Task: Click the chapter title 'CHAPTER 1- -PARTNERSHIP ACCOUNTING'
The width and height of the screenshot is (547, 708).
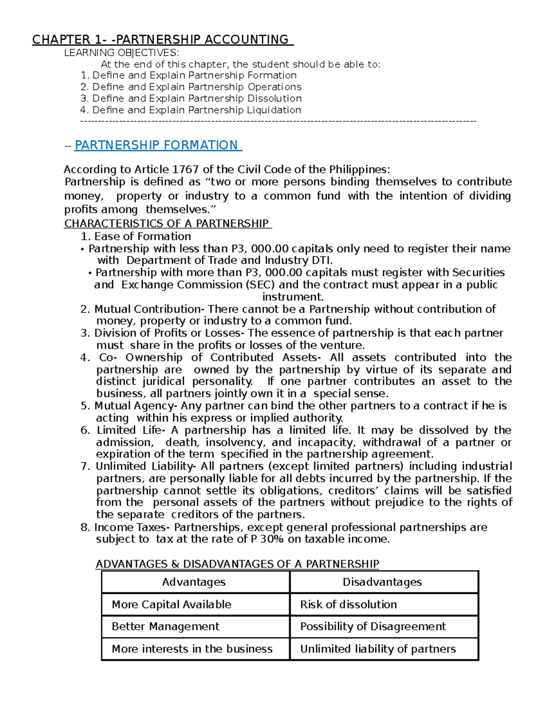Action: [162, 40]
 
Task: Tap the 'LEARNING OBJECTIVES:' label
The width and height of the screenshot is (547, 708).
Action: [118, 53]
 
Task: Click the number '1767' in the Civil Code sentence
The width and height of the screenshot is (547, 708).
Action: [185, 170]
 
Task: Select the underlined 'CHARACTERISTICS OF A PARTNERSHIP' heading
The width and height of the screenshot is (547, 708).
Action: [167, 223]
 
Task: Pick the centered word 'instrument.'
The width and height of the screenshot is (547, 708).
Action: [293, 297]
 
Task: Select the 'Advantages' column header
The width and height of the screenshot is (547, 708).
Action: [194, 582]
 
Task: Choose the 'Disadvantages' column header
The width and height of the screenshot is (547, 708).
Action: [382, 582]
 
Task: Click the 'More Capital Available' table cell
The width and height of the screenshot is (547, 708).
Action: [171, 605]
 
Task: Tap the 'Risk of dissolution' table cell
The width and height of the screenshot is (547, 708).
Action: [348, 605]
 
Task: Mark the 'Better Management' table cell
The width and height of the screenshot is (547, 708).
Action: [165, 626]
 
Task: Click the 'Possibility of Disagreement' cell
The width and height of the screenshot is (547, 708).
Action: [373, 626]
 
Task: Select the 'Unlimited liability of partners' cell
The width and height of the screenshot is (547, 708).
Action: [378, 649]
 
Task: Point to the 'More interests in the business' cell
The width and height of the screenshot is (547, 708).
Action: [192, 649]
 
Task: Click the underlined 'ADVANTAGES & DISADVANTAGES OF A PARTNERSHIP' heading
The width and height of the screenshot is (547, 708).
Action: [237, 564]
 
